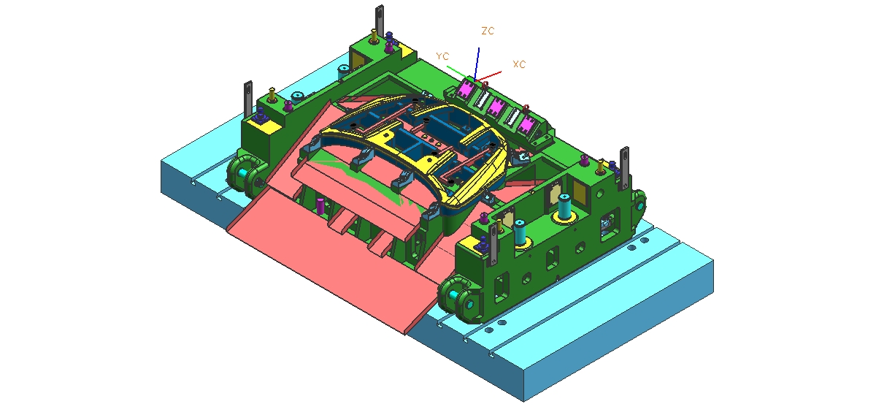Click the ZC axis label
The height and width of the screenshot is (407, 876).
(488, 31)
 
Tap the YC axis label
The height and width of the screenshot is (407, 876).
(442, 56)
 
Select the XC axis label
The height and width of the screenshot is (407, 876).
(519, 64)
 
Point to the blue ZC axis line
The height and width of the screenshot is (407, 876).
(477, 64)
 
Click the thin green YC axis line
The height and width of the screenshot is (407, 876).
(461, 73)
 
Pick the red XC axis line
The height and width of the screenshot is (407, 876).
(488, 76)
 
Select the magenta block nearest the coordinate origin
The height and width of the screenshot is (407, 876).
(465, 88)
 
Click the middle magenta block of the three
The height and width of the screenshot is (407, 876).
(496, 107)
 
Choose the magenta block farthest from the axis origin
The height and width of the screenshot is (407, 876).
(526, 124)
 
